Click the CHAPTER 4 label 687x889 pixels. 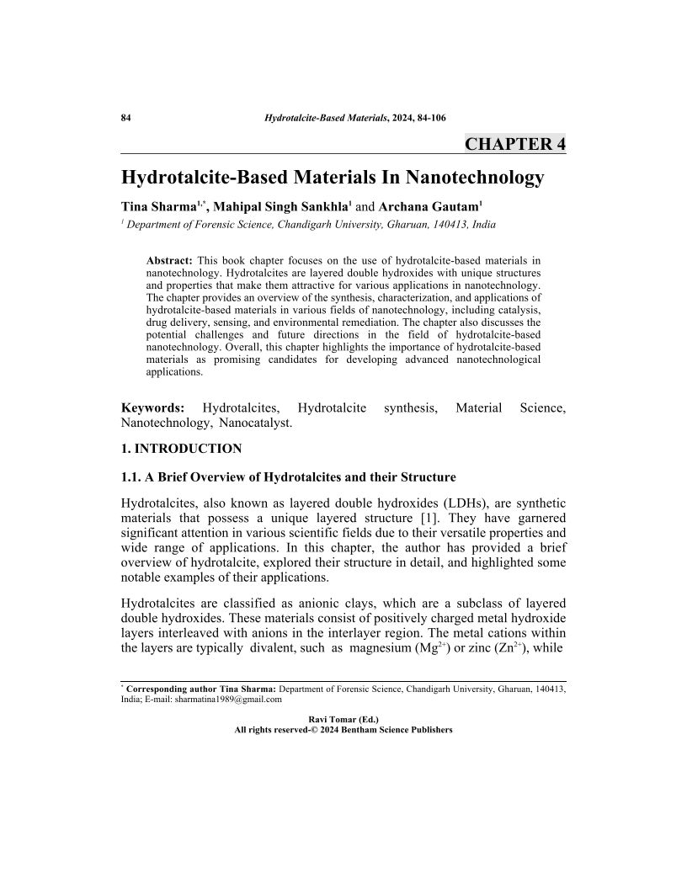[514, 144]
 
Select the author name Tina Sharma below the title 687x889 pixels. [158, 207]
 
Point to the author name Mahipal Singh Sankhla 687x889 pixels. [280, 207]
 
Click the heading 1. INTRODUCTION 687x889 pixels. [181, 449]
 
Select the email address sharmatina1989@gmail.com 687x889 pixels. [228, 699]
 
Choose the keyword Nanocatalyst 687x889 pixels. [255, 423]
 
